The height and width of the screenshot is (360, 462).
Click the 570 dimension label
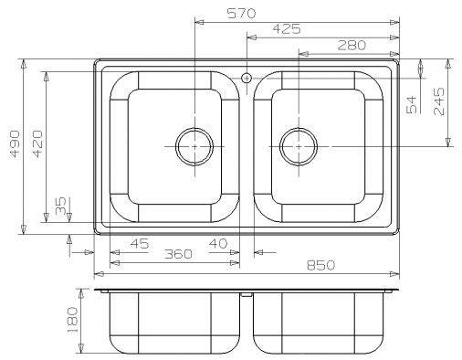[x=242, y=14]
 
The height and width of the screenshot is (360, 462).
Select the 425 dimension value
[x=287, y=29]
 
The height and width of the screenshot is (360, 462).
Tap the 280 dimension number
[x=352, y=46]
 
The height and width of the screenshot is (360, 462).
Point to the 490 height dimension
[x=15, y=143]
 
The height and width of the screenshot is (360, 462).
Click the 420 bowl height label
[x=37, y=143]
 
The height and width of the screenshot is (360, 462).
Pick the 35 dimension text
[x=60, y=206]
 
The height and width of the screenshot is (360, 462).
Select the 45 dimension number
[x=140, y=244]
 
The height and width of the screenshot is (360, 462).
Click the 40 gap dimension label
[x=218, y=243]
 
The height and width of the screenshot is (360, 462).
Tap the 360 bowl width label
[x=178, y=254]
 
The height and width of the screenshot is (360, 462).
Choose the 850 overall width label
[x=320, y=265]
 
